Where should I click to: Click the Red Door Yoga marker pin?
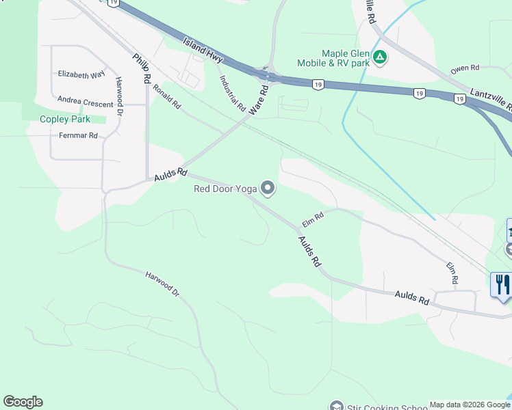click(x=268, y=187)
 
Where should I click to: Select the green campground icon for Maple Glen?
click(x=380, y=57)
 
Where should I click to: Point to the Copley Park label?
click(x=65, y=119)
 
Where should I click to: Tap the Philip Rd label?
click(x=142, y=68)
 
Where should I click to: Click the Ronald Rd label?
click(x=167, y=97)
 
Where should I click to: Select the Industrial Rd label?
click(x=232, y=93)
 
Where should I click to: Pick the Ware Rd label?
click(x=258, y=100)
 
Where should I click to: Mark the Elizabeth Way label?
click(x=81, y=74)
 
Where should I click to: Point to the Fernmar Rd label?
click(x=78, y=136)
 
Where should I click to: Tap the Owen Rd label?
click(x=465, y=69)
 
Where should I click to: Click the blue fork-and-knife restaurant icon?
click(x=502, y=284)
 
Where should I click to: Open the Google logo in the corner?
click(x=23, y=402)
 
